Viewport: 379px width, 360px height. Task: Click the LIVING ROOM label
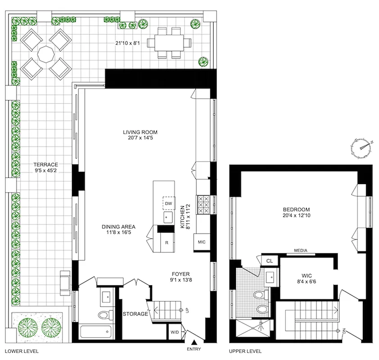click(141, 135)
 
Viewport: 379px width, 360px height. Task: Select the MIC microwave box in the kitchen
click(202, 243)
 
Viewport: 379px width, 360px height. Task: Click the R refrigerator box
click(167, 243)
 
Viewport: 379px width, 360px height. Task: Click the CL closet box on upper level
click(270, 261)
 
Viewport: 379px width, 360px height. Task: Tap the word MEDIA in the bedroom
click(301, 251)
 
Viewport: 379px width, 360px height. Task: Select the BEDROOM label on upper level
click(296, 212)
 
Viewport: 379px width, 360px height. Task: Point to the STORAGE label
click(135, 314)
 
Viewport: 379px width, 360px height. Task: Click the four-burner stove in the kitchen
click(203, 205)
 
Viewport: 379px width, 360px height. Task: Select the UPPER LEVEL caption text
click(246, 351)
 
